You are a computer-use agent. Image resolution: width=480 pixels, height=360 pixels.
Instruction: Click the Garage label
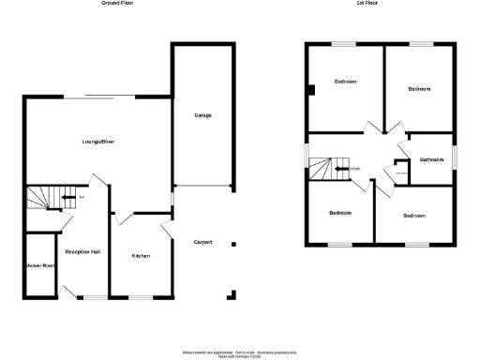[x=202, y=115]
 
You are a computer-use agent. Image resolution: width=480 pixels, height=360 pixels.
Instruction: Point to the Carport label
[x=202, y=242]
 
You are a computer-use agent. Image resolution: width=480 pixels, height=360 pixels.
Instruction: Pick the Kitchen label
[x=141, y=256]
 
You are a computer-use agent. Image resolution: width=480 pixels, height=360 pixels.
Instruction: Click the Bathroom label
[x=430, y=159]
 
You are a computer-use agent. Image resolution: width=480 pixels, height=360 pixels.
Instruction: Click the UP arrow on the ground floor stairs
[x=69, y=198]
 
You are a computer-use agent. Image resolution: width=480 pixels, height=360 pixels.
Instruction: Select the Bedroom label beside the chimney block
[x=345, y=82]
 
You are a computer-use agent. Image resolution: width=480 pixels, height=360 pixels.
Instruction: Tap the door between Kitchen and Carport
[x=165, y=230]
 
